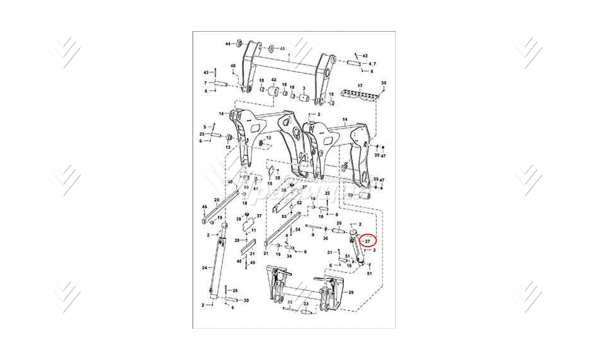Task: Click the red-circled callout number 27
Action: click(x=367, y=241)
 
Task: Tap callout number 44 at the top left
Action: click(x=229, y=44)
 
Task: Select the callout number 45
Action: click(x=282, y=48)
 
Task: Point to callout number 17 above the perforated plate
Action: click(x=360, y=86)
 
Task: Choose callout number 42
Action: click(x=274, y=80)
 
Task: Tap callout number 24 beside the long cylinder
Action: click(x=205, y=268)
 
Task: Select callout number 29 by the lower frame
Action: click(x=351, y=292)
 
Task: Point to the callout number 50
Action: click(x=350, y=196)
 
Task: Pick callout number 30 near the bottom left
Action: click(x=246, y=300)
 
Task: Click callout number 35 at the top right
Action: click(x=383, y=83)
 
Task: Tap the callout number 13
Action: click(x=268, y=138)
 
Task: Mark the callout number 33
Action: click(x=305, y=304)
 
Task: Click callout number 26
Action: click(x=339, y=223)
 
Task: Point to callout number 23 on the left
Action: click(x=201, y=134)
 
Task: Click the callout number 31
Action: click(x=329, y=252)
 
